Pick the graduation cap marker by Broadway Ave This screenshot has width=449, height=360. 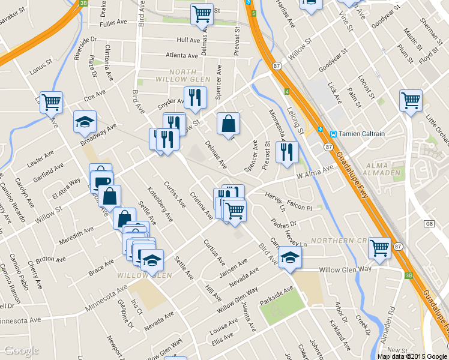[85, 122]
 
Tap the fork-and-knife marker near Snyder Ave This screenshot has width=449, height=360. [195, 97]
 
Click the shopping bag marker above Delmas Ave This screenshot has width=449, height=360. [228, 124]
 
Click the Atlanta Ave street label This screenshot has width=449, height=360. [182, 56]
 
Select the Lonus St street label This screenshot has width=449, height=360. [41, 70]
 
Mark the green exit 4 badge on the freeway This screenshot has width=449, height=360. [288, 91]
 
